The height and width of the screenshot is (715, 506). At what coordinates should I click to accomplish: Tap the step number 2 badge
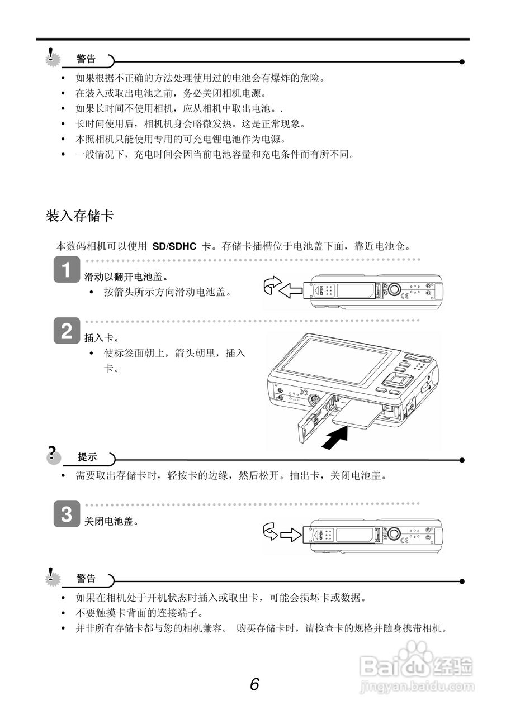pos(66,331)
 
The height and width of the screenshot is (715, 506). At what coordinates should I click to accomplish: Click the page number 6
pos(254,684)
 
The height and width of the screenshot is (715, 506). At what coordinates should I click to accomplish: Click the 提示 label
pos(87,457)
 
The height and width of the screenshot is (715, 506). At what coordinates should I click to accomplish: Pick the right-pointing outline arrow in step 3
pos(291,535)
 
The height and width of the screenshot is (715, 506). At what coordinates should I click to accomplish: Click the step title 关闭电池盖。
pos(111,521)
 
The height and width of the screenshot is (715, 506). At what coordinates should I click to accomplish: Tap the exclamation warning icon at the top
pos(53,56)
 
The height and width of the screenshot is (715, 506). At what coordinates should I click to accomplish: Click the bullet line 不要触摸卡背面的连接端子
pos(139,613)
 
